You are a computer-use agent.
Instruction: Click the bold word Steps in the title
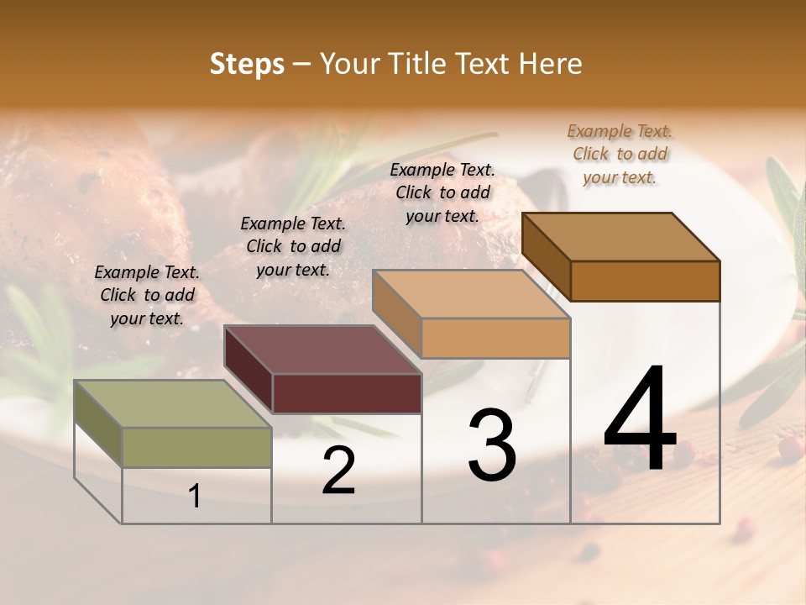(x=247, y=64)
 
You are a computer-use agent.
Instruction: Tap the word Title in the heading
(x=417, y=64)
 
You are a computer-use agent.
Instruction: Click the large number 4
(x=640, y=419)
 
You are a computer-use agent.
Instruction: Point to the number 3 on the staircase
(x=492, y=445)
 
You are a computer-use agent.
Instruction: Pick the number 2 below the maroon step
(x=338, y=471)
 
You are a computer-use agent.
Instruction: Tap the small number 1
(x=195, y=497)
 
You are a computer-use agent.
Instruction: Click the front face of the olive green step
(x=196, y=447)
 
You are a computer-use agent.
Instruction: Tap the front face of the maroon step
(x=347, y=393)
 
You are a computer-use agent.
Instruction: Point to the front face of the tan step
(x=495, y=339)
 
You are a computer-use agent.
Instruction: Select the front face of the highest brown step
(x=645, y=281)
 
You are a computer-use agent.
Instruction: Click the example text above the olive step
(x=147, y=295)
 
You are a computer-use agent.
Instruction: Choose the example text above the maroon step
(x=293, y=246)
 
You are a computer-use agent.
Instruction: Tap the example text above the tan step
(x=442, y=192)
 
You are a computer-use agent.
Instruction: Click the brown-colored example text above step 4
(x=620, y=154)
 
